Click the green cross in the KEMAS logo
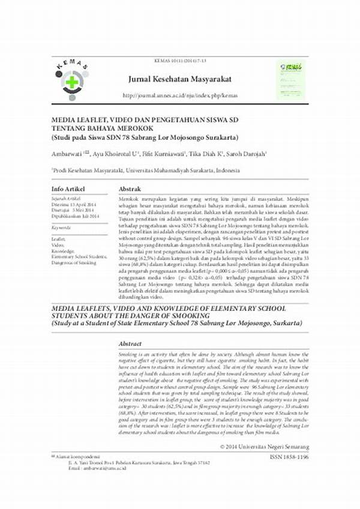tap(71, 82)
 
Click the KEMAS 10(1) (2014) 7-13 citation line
tap(177, 62)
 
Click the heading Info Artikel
tap(68, 188)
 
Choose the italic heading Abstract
tap(131, 345)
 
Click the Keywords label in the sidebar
tap(62, 229)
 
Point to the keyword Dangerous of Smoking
tap(74, 262)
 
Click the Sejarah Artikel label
tap(67, 198)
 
